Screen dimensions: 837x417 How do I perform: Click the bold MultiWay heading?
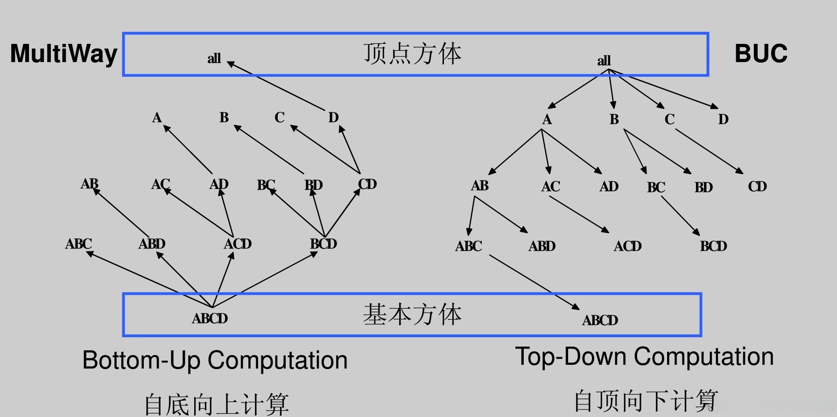[x=63, y=54]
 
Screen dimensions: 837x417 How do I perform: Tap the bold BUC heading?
[x=761, y=54]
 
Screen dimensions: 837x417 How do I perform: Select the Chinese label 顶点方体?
[x=412, y=53]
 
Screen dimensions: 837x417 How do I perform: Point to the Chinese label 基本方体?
[x=412, y=314]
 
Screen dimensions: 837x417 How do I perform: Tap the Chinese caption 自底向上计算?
[x=216, y=404]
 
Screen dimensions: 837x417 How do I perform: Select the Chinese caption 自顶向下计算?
[x=646, y=400]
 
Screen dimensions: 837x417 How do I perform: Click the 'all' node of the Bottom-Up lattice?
[x=214, y=59]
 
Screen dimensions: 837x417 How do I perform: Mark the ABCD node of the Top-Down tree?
[x=600, y=320]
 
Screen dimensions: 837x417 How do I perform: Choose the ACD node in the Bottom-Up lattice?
[x=238, y=244]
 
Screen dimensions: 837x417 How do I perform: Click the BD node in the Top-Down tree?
[x=703, y=188]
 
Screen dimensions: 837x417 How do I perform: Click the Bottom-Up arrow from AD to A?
[x=188, y=150]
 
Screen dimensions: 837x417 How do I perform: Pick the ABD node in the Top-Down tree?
[x=542, y=246]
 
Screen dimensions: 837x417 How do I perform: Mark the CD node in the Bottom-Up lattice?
[x=367, y=184]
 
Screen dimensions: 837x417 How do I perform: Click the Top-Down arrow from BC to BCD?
[x=680, y=215]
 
